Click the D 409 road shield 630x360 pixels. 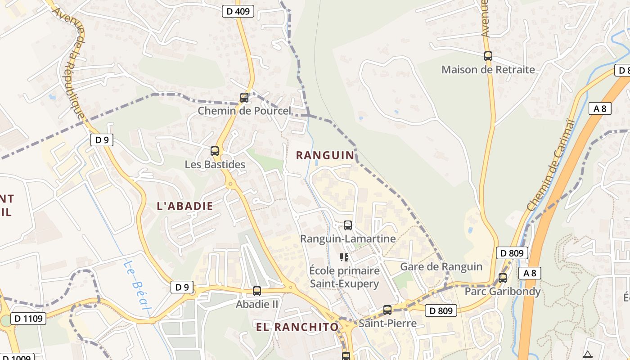(x=238, y=12)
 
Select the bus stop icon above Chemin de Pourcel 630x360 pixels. (x=244, y=97)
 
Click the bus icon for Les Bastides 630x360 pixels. (x=215, y=151)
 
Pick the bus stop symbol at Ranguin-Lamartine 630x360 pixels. (x=348, y=225)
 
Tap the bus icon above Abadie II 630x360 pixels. (x=257, y=291)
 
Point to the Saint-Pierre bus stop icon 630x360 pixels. (x=387, y=310)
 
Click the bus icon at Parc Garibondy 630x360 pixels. (x=503, y=278)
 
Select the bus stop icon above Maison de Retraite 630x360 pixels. (x=488, y=56)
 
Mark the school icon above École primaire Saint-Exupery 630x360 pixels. (x=344, y=257)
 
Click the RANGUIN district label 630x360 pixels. (x=325, y=155)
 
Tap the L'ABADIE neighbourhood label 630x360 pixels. (x=185, y=206)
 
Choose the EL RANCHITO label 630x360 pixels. (x=297, y=327)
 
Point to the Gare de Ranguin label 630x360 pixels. (x=441, y=266)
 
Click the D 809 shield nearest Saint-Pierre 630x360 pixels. (x=441, y=310)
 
